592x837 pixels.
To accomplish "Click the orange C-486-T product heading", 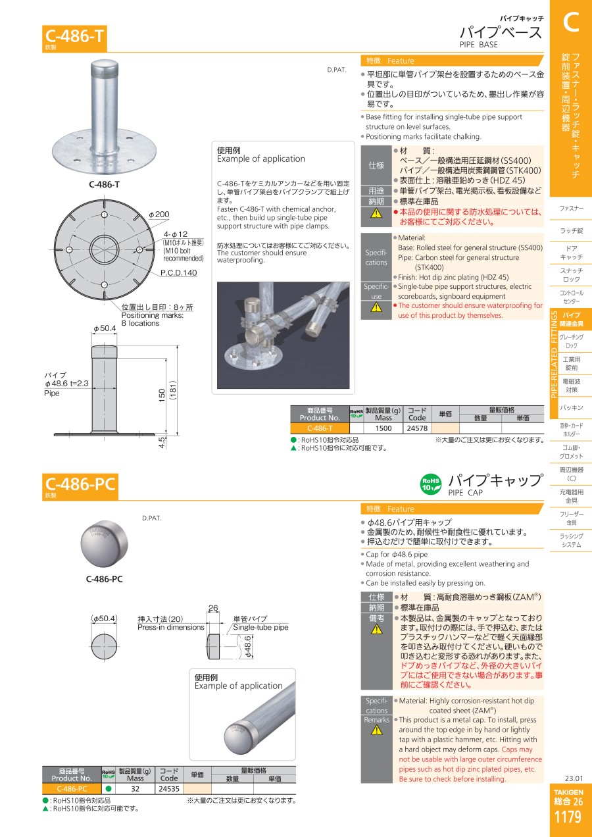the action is (74, 36).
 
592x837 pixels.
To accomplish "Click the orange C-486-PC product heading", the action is (80, 484).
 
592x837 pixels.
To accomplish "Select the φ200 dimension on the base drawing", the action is (159, 215).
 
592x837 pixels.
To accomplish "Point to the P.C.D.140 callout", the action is (178, 273).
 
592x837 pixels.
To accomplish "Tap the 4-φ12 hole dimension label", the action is (176, 234).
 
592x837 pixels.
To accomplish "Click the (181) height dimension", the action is (172, 390).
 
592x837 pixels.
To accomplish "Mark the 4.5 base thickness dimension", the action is (162, 442).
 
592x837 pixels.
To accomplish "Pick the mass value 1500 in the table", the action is (383, 428).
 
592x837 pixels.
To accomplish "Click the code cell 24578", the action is (417, 428).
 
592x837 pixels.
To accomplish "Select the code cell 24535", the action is (169, 789).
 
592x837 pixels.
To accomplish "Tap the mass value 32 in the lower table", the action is (136, 789).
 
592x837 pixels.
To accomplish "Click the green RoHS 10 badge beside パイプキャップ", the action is (431, 485).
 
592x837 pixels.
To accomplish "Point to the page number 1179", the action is (568, 817).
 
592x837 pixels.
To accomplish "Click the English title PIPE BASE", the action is (478, 45).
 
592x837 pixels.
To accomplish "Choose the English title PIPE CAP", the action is (466, 492).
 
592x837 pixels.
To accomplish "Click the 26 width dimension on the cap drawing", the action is (213, 608).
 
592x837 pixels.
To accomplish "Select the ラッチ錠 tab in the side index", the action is (571, 230).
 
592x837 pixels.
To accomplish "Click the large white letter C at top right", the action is (571, 22).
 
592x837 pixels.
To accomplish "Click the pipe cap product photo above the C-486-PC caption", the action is (104, 544).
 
